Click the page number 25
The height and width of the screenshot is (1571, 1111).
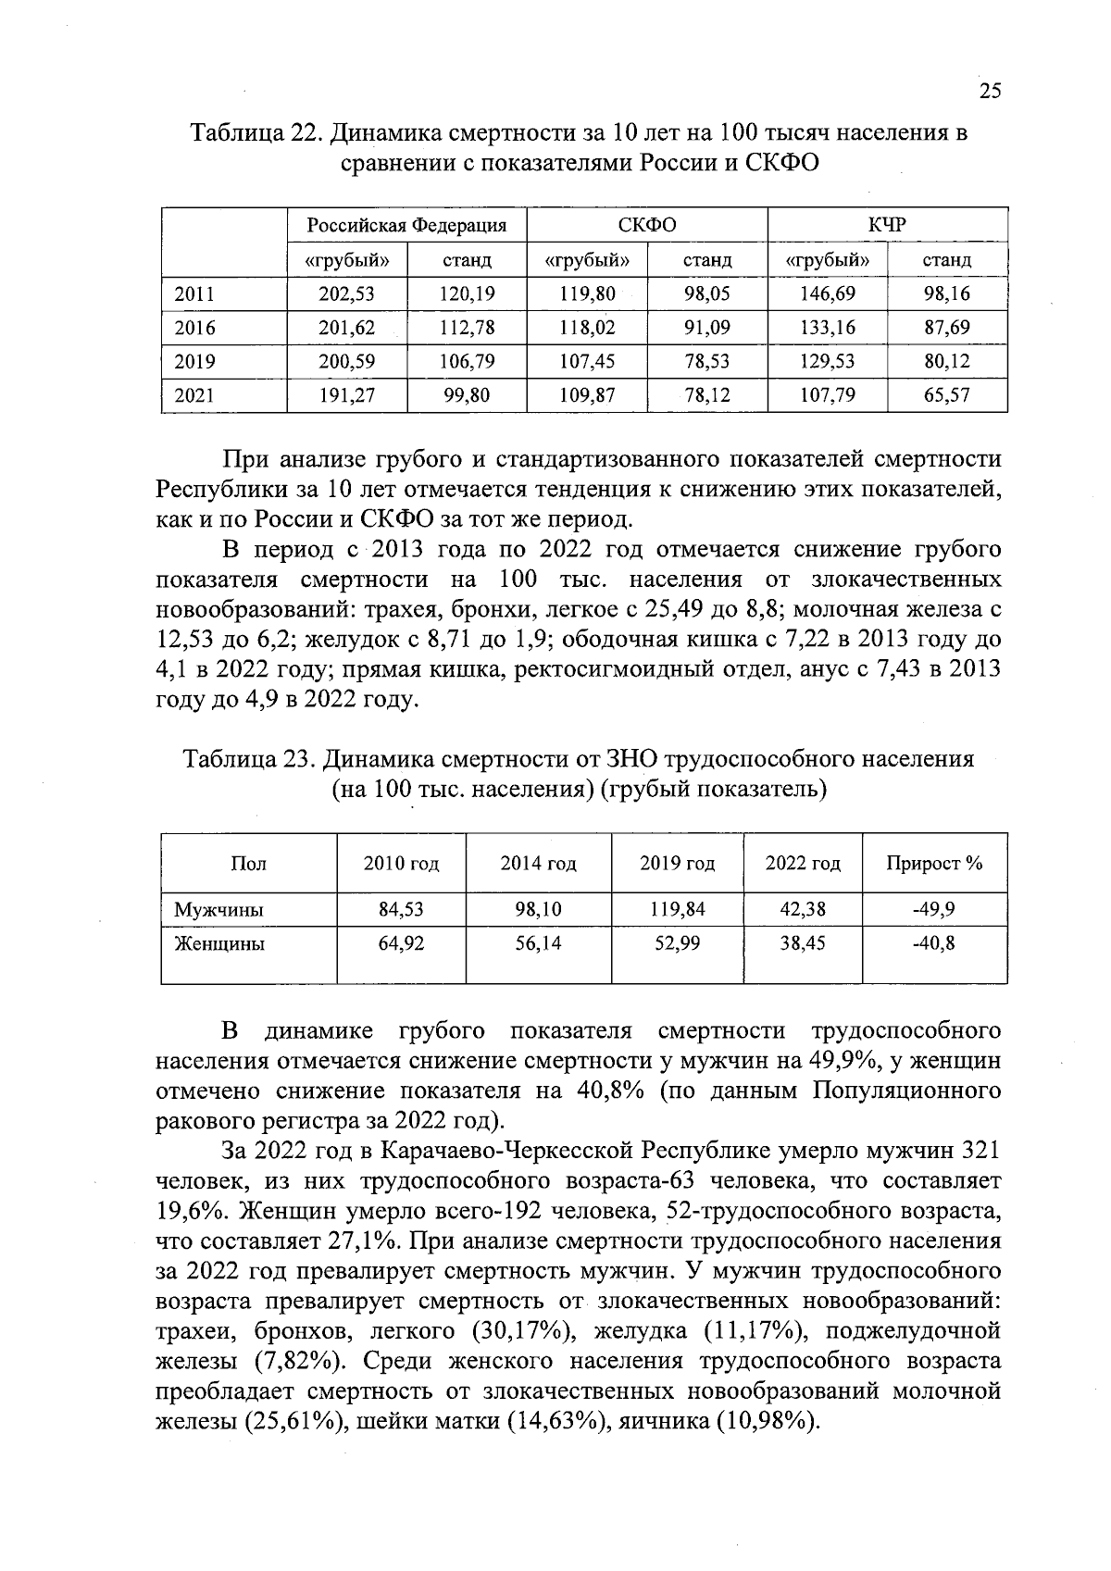coord(990,91)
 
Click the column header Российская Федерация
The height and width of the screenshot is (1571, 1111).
coord(406,225)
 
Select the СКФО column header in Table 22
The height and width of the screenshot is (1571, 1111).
coord(646,225)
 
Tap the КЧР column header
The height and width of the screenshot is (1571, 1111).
coord(886,225)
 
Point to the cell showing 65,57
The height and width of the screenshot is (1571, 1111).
coord(946,395)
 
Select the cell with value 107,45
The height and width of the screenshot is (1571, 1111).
coord(587,362)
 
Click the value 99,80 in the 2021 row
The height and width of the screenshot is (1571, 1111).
coord(467,395)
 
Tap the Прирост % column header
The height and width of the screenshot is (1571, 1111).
coord(933,864)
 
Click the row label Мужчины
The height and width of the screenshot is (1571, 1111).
coord(219,910)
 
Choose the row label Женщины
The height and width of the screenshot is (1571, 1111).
coord(219,944)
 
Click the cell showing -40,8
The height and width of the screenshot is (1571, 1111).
coord(933,944)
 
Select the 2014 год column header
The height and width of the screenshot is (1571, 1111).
coord(538,864)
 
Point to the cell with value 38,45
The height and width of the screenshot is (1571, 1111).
coord(802,944)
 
